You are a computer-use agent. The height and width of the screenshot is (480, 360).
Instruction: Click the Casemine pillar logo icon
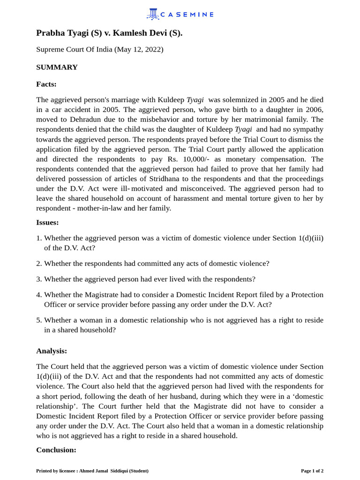click(152, 14)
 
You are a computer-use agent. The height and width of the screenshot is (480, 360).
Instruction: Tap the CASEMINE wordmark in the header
click(187, 15)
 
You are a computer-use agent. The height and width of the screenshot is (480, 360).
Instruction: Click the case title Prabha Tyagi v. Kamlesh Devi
click(109, 33)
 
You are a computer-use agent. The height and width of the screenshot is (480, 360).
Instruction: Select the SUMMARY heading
click(57, 67)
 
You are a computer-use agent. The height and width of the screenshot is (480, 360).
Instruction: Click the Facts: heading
click(46, 84)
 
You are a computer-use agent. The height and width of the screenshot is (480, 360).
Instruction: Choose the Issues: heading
click(47, 222)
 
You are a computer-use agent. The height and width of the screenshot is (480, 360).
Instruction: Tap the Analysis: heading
click(52, 351)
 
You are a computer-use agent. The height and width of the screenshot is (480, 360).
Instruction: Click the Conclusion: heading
click(56, 450)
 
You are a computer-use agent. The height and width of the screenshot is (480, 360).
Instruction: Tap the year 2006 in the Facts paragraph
click(314, 110)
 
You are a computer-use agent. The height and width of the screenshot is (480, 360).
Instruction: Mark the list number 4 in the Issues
click(39, 294)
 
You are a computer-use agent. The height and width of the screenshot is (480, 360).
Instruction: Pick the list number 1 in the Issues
click(39, 238)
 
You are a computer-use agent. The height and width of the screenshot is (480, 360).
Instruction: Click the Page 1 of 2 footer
click(312, 471)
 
